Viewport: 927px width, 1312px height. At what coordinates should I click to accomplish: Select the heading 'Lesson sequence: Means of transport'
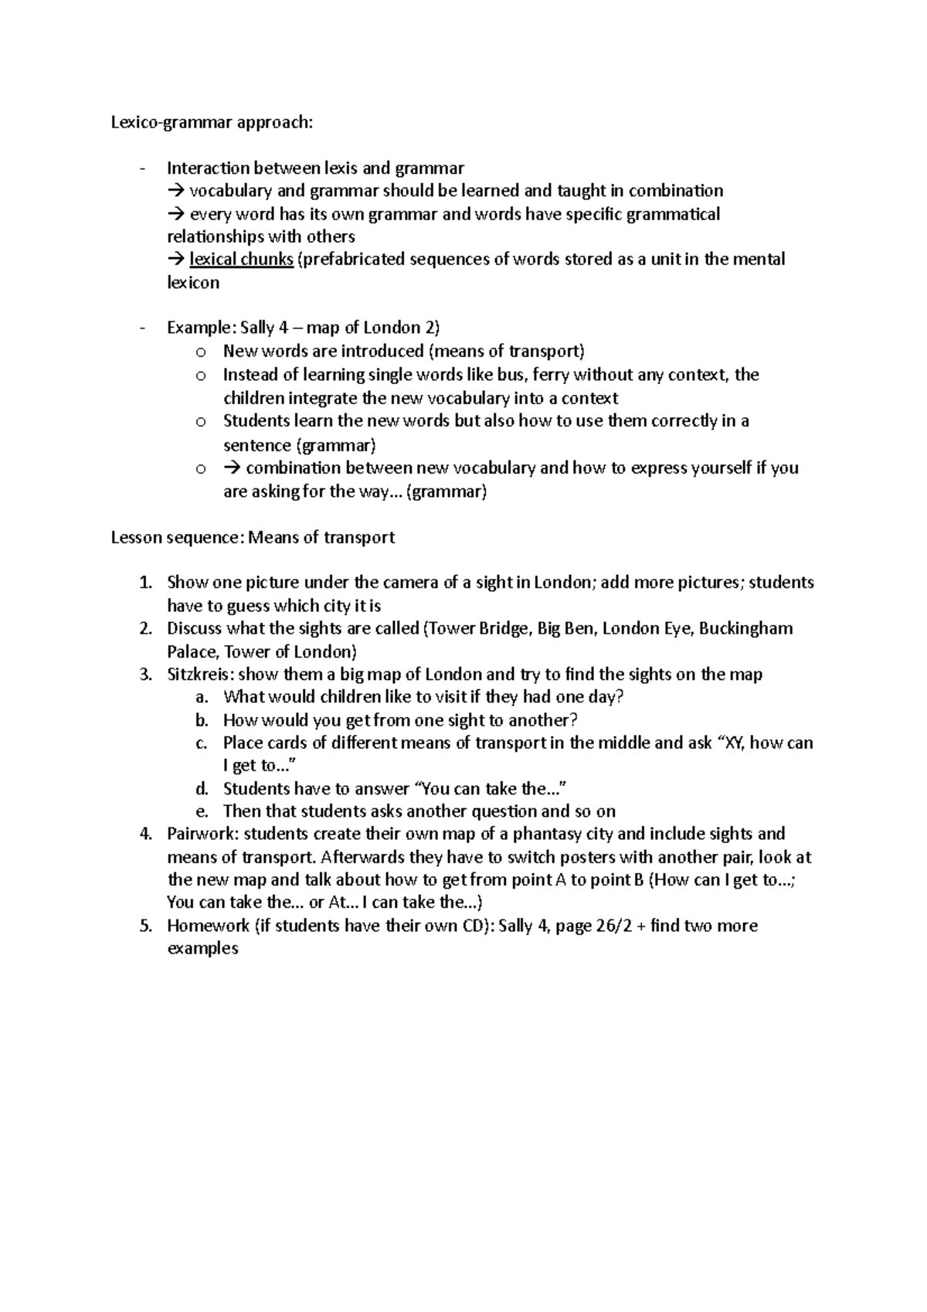(253, 537)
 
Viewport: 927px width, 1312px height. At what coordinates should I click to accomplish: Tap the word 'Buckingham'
(745, 628)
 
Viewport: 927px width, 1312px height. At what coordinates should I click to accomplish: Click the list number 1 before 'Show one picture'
(145, 583)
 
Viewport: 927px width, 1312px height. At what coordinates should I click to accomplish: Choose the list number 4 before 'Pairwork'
(145, 834)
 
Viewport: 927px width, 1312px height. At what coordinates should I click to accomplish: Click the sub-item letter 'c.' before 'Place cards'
(201, 743)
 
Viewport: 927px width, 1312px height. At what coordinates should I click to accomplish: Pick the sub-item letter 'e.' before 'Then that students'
(202, 811)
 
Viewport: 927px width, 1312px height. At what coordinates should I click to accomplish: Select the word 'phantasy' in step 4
(545, 834)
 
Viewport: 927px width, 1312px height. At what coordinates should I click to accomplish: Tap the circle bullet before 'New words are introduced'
(201, 352)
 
